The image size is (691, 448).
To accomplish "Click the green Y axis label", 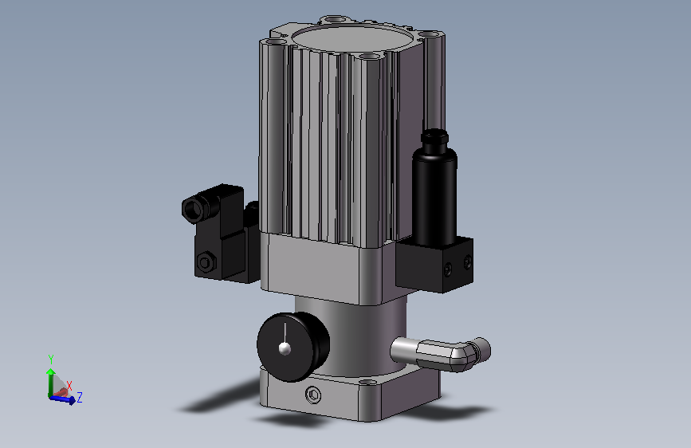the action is (51, 360).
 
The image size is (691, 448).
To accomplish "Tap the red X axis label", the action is (69, 387).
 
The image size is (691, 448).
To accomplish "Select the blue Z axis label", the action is (80, 397).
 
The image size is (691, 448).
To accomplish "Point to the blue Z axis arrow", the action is (63, 399).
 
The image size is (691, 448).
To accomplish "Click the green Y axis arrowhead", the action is (51, 372).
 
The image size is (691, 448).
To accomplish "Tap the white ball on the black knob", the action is (285, 348).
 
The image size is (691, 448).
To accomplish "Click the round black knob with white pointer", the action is (293, 347).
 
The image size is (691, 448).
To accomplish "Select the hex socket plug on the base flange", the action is (313, 395).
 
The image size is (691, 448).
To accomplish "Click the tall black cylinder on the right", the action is (434, 196).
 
